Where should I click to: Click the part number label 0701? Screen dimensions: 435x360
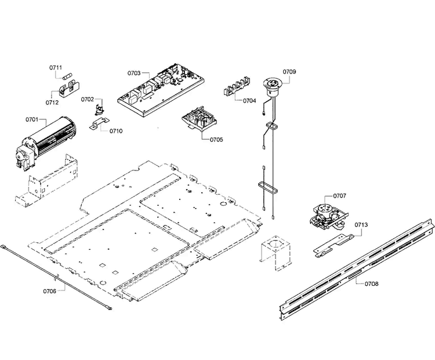pos(32,119)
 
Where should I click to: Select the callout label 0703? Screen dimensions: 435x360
pos(134,73)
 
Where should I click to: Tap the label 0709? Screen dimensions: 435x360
pos(289,71)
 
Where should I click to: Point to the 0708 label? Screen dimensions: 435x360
pos(371,283)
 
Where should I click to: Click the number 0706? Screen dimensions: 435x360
pos(50,291)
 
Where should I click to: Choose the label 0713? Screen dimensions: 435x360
pos(361,225)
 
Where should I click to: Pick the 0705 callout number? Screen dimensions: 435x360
pos(216,139)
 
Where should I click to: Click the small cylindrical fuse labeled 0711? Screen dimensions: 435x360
pos(68,76)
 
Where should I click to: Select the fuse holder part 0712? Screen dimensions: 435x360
pos(70,89)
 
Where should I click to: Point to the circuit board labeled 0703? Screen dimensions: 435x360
pos(161,89)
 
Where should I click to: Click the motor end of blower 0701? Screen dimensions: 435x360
pos(24,155)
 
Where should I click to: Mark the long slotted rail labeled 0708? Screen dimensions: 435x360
pos(357,269)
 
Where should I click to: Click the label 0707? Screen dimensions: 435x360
pos(339,196)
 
